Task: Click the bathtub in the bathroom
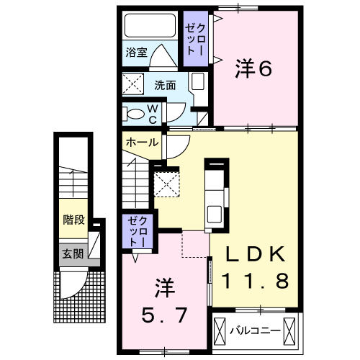point(150,25)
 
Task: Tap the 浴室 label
point(137,53)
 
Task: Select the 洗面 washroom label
point(165,85)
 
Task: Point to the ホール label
point(143,143)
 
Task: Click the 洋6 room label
point(253,68)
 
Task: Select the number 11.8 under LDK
point(255,281)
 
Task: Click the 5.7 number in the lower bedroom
point(164,315)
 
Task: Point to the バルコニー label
point(256,331)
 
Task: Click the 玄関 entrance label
point(73,254)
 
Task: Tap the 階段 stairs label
point(73,220)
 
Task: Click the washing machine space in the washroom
point(133,84)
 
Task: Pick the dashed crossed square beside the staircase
point(166,184)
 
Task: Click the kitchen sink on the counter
point(215,214)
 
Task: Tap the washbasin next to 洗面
point(198,81)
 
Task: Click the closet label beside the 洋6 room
point(195,40)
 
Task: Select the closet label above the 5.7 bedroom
point(138,231)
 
